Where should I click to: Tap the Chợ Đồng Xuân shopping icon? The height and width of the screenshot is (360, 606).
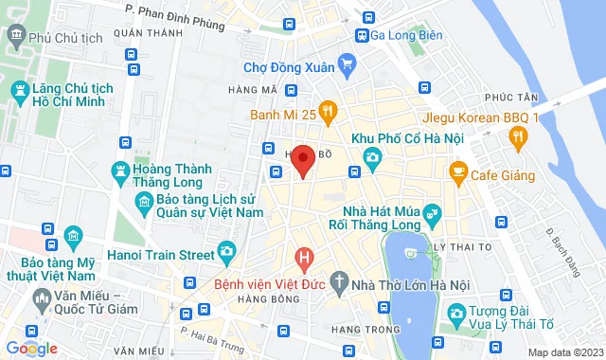pyautogui.click(x=348, y=66)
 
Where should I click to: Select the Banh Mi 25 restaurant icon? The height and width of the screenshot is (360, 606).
pyautogui.click(x=328, y=114)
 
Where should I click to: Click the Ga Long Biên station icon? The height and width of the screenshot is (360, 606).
pyautogui.click(x=362, y=35)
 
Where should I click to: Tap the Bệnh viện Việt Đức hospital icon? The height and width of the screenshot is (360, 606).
pyautogui.click(x=304, y=257)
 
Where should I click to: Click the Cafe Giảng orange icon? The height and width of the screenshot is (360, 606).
pyautogui.click(x=457, y=173)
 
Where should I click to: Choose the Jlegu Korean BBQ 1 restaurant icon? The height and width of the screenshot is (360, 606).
pyautogui.click(x=518, y=136)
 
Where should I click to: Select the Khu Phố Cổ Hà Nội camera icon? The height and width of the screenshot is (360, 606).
pyautogui.click(x=372, y=156)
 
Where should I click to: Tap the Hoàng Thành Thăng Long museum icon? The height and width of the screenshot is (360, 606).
pyautogui.click(x=120, y=171)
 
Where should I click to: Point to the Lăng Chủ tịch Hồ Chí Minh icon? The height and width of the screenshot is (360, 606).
pyautogui.click(x=18, y=89)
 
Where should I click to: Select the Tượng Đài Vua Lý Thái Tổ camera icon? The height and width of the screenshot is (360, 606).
pyautogui.click(x=455, y=313)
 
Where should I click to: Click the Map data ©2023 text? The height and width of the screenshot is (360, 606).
pyautogui.click(x=563, y=352)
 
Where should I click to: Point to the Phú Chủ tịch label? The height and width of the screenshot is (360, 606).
pyautogui.click(x=65, y=37)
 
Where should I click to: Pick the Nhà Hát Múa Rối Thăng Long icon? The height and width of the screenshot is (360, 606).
pyautogui.click(x=433, y=212)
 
